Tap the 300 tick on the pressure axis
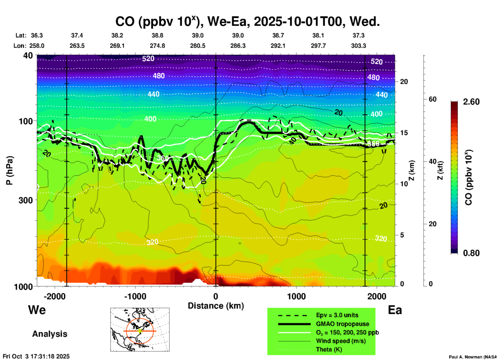tap(26, 200)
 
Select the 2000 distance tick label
tap(377, 296)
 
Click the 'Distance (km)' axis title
tap(216, 306)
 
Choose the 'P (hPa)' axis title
tap(10, 170)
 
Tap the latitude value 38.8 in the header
tap(157, 35)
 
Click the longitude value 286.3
tap(238, 46)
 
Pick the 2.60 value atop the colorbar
tap(471, 102)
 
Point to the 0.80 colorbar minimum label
tap(471, 253)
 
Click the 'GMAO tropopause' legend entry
tap(342, 324)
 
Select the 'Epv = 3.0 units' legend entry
tap(337, 315)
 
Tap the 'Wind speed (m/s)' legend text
tap(341, 341)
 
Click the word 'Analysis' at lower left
tap(50, 334)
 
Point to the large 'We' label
tap(37, 310)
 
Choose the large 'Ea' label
tap(395, 310)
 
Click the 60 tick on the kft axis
tap(432, 99)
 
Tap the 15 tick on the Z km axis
tap(404, 133)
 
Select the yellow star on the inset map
tap(140, 331)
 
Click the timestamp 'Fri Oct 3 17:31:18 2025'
tap(36, 356)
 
